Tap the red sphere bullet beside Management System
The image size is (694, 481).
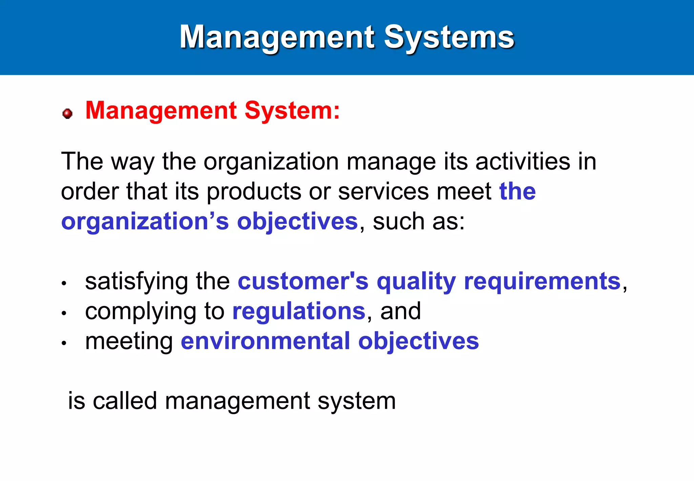pos(67,113)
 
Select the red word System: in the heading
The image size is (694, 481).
pos(292,111)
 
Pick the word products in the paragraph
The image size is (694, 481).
pos(254,192)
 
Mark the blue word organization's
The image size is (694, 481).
pos(145,222)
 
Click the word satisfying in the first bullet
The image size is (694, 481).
pos(136,282)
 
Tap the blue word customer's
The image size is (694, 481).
pos(303,282)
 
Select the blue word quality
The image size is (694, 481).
pos(416,282)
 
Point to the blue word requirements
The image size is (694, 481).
pos(542,282)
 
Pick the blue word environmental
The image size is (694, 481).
pos(265,341)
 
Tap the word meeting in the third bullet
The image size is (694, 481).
pos(129,342)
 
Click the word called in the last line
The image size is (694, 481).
pos(125,401)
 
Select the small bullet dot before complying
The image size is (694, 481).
pos(64,313)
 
